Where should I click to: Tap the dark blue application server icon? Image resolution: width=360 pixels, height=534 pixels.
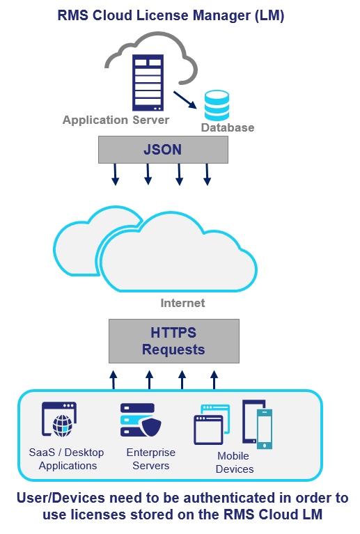(148, 83)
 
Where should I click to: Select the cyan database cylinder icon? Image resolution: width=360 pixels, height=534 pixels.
(217, 106)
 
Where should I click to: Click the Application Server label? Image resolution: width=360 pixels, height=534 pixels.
(116, 120)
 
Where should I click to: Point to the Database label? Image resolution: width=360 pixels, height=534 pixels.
(228, 127)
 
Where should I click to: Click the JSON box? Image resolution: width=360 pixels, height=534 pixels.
(163, 148)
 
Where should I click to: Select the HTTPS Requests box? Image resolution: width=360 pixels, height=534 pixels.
(173, 341)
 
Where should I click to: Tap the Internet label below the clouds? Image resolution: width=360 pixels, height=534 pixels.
(182, 303)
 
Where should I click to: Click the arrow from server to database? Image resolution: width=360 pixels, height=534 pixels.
(184, 99)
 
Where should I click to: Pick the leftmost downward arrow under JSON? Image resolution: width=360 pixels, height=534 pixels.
(116, 175)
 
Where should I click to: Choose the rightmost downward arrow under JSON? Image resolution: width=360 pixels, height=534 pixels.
(207, 175)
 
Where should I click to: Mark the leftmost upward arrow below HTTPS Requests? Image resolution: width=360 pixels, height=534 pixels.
(114, 379)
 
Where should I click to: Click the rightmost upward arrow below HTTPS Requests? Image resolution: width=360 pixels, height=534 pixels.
(214, 379)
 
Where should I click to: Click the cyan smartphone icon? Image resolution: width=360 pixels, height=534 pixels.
(264, 428)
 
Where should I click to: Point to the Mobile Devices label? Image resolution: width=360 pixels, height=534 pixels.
(234, 462)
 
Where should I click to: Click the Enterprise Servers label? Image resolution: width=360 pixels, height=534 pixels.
(151, 459)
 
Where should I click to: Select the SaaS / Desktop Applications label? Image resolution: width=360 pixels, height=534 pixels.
(67, 459)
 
